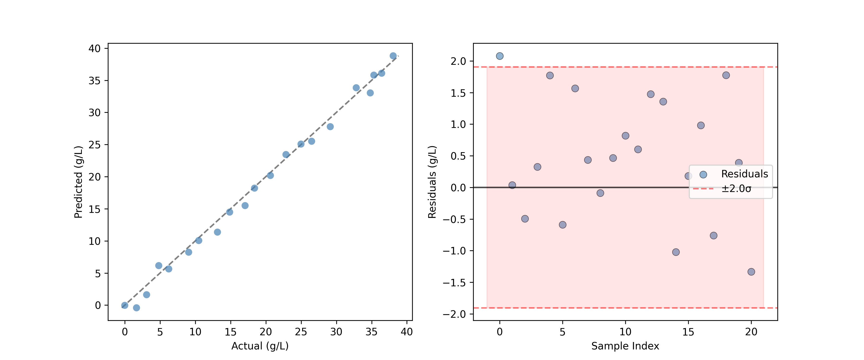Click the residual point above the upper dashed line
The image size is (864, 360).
499,56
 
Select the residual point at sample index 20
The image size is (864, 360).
751,272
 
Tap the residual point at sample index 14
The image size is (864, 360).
676,252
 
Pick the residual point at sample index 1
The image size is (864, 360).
512,185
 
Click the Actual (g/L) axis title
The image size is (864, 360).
260,346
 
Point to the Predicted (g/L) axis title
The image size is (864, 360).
78,182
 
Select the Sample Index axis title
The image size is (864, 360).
625,346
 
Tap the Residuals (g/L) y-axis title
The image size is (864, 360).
432,182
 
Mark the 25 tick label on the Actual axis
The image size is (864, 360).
301,332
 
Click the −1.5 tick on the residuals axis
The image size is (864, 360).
455,282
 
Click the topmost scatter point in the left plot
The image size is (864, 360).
393,56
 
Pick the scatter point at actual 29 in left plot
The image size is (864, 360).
330,126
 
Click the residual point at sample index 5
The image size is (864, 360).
563,225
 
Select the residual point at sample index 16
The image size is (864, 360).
701,126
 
